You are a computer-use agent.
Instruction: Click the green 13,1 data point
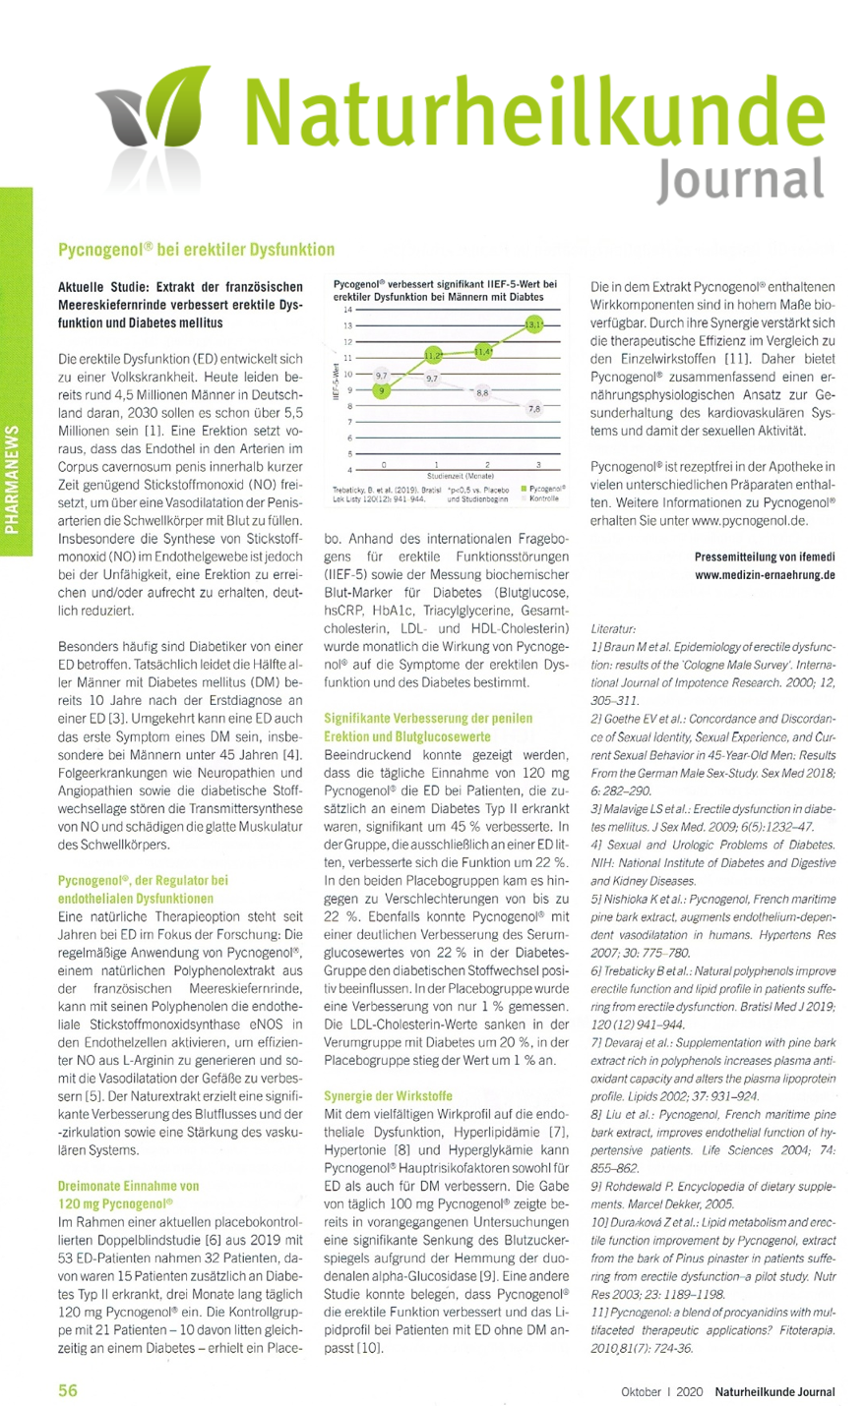533,323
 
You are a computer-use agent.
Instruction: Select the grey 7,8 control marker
534,408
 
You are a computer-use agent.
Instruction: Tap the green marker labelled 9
383,389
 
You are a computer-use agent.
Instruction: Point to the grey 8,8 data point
482,392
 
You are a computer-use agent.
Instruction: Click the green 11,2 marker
434,354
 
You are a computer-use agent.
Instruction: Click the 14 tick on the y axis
347,310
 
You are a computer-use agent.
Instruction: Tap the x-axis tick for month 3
538,463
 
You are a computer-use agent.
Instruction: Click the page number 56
68,1390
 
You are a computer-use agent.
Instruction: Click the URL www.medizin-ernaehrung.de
764,573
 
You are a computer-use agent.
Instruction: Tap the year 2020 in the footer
691,1391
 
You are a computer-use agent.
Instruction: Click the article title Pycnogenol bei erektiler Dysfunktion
197,250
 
